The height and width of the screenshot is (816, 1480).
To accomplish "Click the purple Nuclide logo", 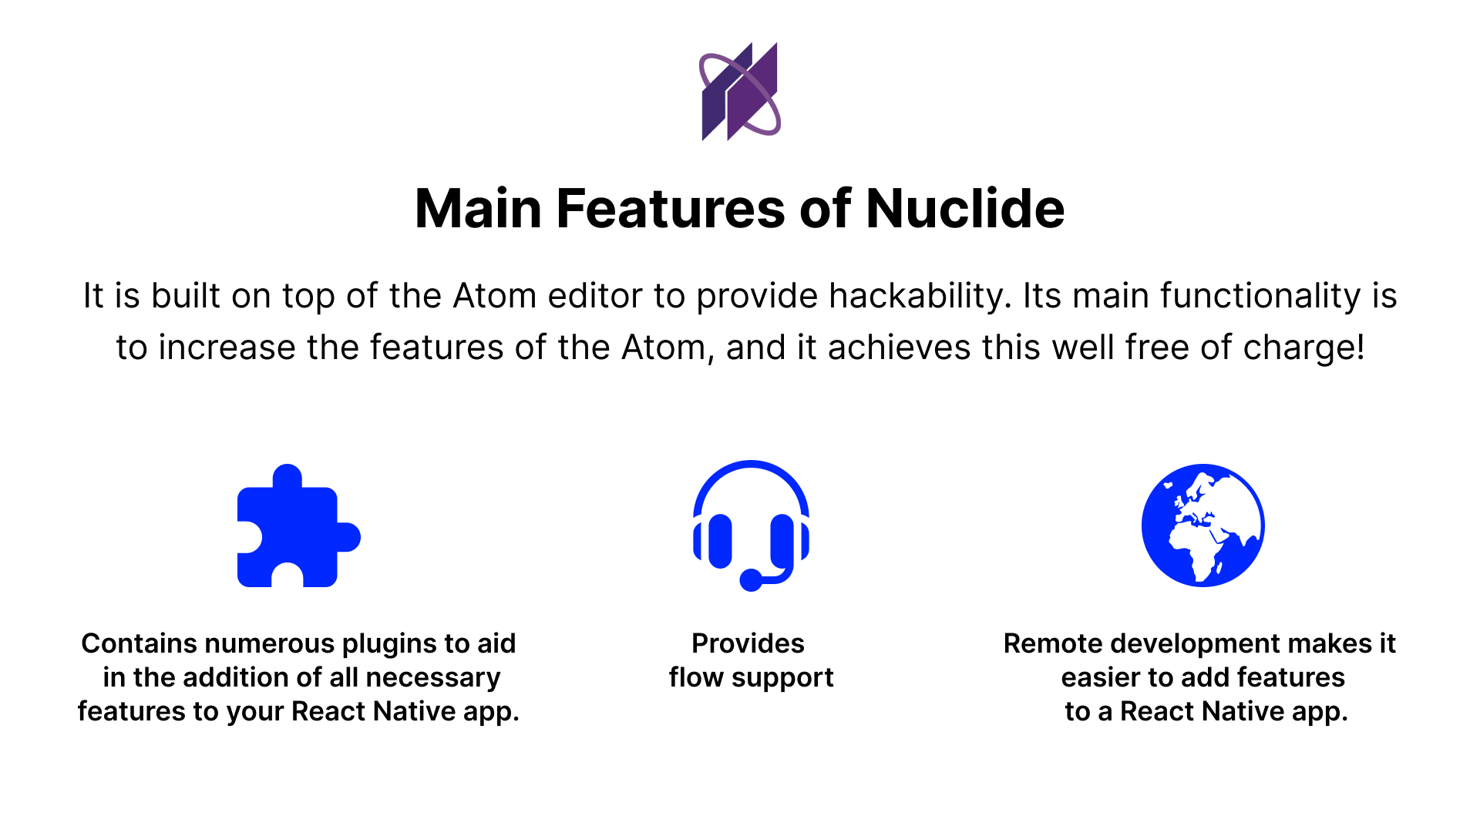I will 740,92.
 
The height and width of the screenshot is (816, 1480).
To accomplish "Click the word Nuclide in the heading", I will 964,209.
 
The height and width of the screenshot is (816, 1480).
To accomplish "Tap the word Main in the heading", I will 479,209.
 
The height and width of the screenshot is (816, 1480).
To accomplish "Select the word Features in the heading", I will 670,209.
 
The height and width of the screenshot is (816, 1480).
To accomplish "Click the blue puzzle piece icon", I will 297,527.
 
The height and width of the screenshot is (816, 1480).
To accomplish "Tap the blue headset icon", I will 751,525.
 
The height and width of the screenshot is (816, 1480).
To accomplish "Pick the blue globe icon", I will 1202,525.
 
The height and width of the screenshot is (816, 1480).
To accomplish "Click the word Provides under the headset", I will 748,643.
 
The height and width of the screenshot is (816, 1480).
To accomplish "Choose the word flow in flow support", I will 696,677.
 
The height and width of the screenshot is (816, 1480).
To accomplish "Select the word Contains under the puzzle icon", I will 139,643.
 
